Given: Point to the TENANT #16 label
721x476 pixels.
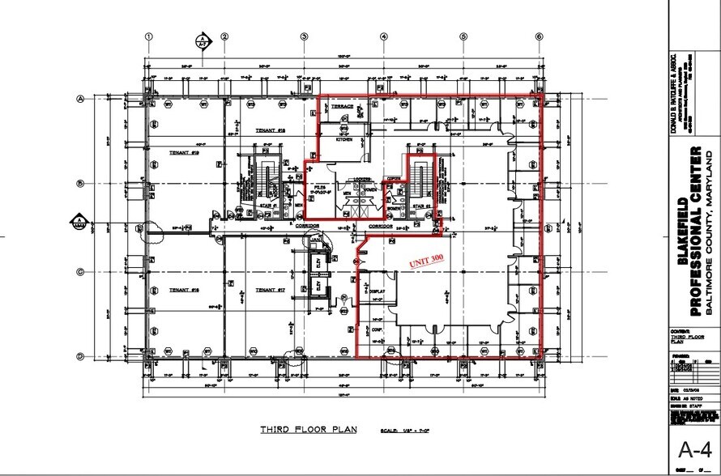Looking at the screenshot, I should click(185, 289).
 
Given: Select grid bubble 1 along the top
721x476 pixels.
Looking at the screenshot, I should click(149, 36).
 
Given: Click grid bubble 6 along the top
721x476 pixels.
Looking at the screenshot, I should click(538, 36).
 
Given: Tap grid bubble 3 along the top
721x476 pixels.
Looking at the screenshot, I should click(304, 36).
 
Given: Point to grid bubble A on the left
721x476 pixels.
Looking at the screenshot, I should click(80, 99).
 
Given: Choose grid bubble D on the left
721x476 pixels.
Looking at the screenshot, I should click(80, 356).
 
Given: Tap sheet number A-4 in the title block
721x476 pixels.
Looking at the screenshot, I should click(693, 450).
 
